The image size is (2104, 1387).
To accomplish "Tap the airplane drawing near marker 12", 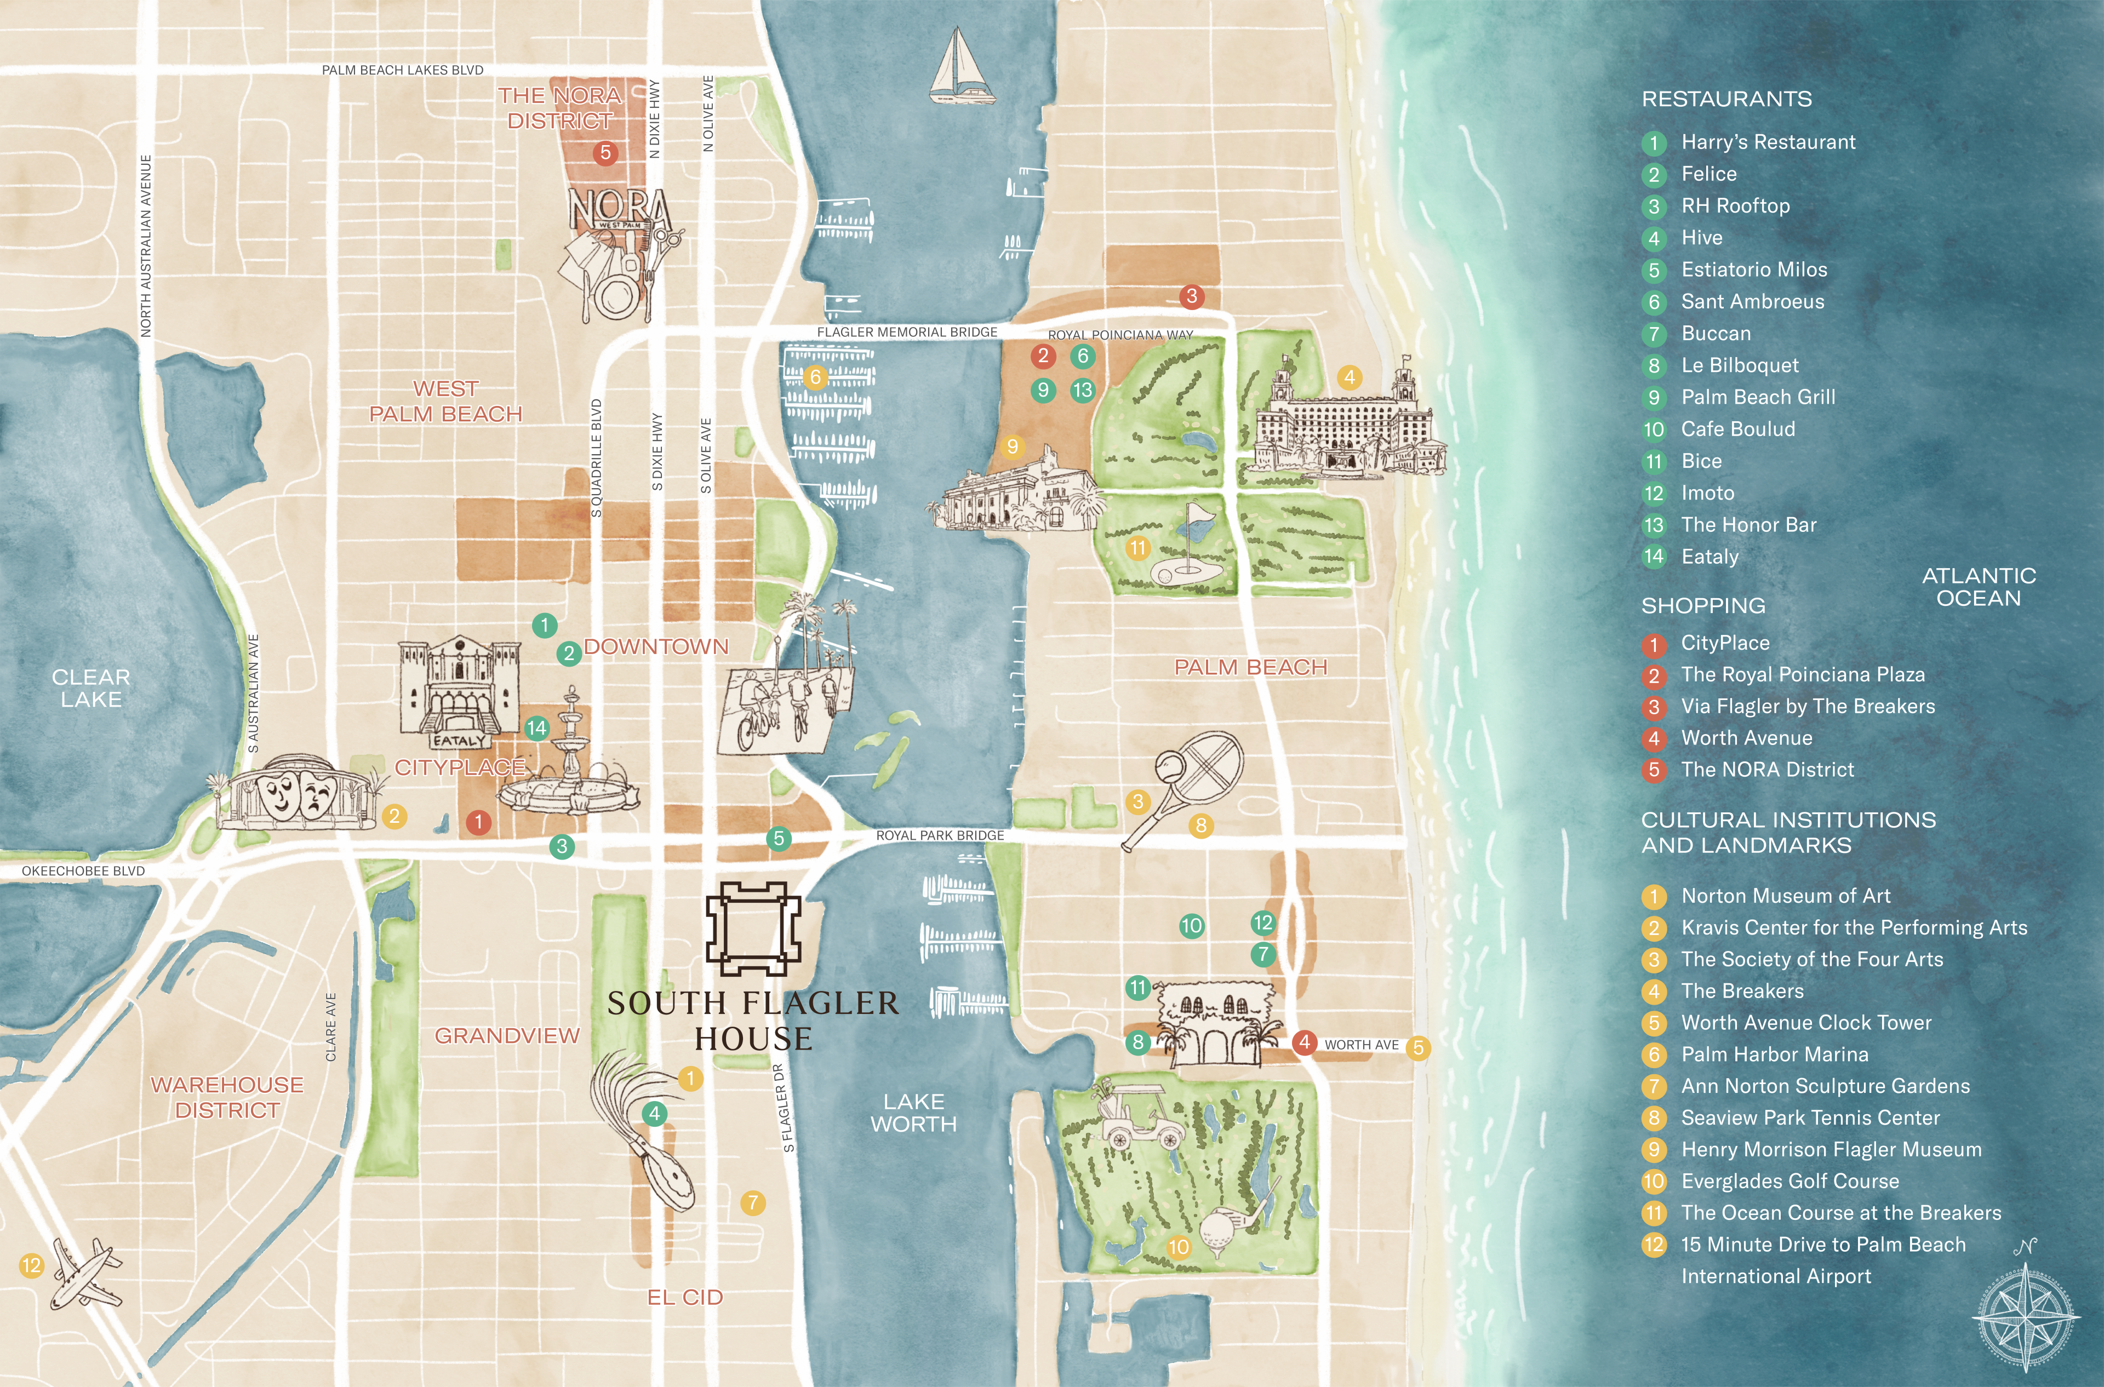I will point(86,1272).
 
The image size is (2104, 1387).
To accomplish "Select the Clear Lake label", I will point(90,688).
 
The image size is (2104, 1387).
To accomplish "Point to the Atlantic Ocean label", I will point(1979,587).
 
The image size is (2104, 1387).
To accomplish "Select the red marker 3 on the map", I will point(1191,296).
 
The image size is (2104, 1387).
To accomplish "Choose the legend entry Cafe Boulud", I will point(1737,429).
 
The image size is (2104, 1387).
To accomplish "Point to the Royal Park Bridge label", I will point(940,835).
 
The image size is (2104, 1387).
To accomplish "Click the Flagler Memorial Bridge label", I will point(906,332).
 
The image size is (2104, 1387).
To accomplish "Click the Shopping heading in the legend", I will point(1702,606).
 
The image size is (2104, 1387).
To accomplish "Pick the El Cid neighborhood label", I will point(685,1297).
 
